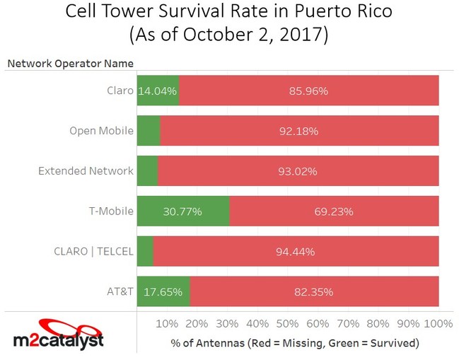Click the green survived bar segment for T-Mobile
click(x=182, y=211)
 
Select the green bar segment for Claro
click(x=158, y=91)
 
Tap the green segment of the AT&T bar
click(x=163, y=291)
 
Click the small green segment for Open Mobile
click(x=148, y=131)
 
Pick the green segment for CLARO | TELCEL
click(x=144, y=251)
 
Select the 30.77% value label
click(x=185, y=211)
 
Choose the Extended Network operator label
click(x=86, y=170)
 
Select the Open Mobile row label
click(x=101, y=130)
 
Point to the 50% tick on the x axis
click(x=287, y=324)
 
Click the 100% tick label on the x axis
click(x=438, y=324)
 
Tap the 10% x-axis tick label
click(x=166, y=324)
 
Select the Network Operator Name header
click(x=70, y=64)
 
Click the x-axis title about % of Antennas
click(x=295, y=343)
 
